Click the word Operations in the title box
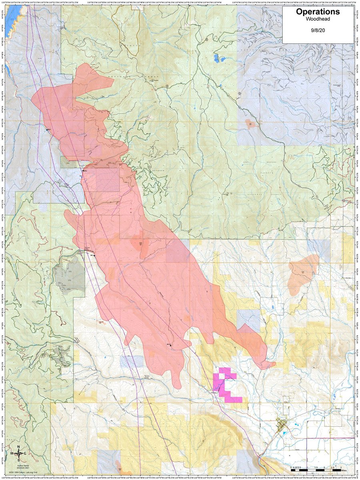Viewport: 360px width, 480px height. pos(318,12)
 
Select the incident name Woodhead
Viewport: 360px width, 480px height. pos(318,21)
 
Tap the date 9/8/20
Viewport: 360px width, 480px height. pos(318,30)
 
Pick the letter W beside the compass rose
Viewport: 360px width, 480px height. pos(12,453)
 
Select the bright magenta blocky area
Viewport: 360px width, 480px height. pos(226,384)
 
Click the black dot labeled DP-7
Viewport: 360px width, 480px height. pos(94,255)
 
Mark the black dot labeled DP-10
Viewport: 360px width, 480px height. pos(170,344)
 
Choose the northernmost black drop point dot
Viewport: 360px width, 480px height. pos(47,130)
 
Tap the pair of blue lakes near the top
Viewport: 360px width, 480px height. pos(218,58)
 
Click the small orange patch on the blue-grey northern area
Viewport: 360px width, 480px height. pos(250,124)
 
